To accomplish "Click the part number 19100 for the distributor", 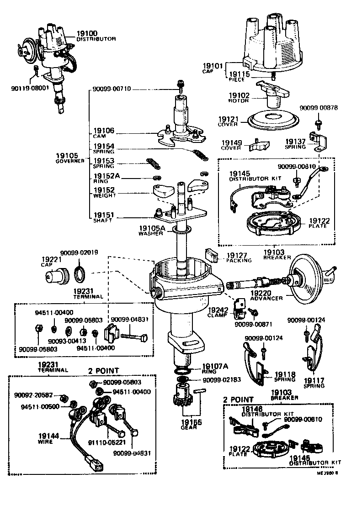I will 87,33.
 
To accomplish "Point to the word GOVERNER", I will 70,161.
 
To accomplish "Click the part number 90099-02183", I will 221,379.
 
